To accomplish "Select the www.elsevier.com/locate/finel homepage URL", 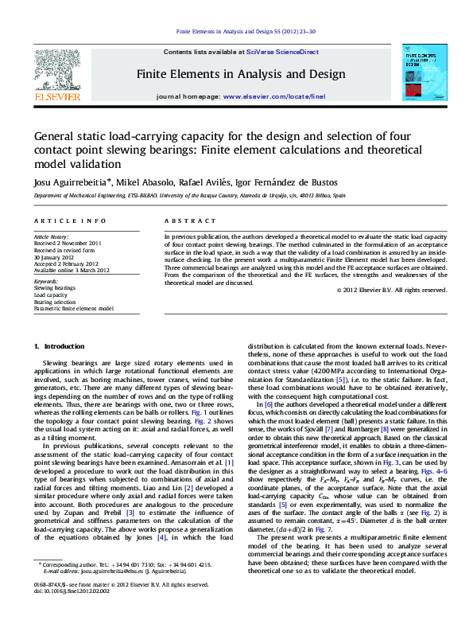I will (x=274, y=96).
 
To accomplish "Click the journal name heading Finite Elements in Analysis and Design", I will (x=241, y=73).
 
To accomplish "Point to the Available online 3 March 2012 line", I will (x=72, y=270).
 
